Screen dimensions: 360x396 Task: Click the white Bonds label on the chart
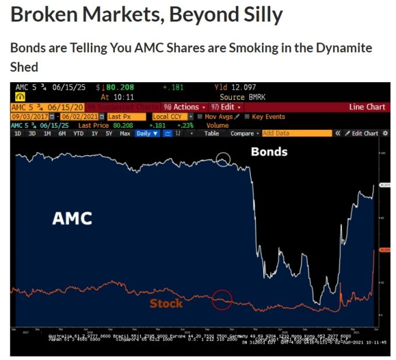269,152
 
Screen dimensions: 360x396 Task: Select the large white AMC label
72,218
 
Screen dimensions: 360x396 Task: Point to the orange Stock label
166,303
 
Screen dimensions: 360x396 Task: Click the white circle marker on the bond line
223,158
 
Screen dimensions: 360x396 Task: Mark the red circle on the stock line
221,301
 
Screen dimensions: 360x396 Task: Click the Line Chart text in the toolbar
367,107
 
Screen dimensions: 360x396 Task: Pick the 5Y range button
109,133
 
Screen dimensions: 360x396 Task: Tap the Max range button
125,133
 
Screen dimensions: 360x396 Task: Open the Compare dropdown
245,133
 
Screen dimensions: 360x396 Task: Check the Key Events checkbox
248,117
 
